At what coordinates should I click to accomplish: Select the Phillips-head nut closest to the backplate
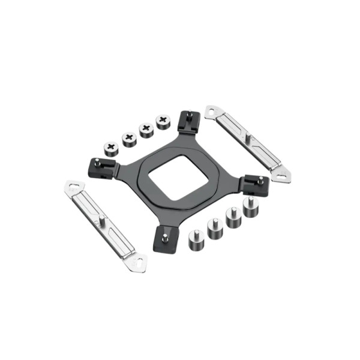(x=162, y=122)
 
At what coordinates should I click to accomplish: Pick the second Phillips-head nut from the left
(x=129, y=139)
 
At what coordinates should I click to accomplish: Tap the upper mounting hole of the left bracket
(x=73, y=186)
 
